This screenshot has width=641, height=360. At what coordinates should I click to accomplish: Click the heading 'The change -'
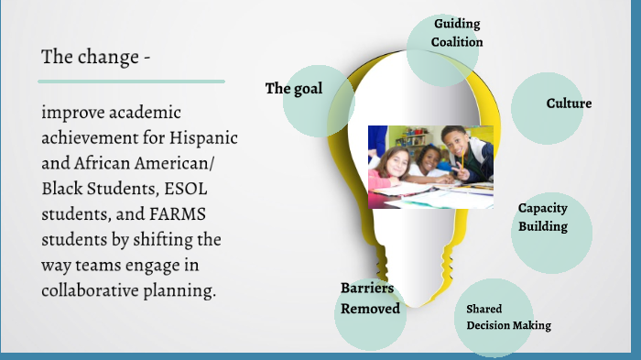tap(95, 57)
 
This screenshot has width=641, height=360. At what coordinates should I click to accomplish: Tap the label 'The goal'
tap(294, 89)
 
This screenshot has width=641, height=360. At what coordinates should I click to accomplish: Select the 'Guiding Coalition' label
tap(458, 33)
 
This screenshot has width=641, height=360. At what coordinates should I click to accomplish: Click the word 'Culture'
tap(569, 104)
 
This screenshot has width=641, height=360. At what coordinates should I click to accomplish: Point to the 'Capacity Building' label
tap(543, 217)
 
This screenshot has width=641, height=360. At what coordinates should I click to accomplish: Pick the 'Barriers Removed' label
tap(370, 299)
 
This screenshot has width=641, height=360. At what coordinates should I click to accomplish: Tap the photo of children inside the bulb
tap(430, 166)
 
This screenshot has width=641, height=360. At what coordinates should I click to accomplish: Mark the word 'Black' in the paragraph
tap(62, 189)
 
